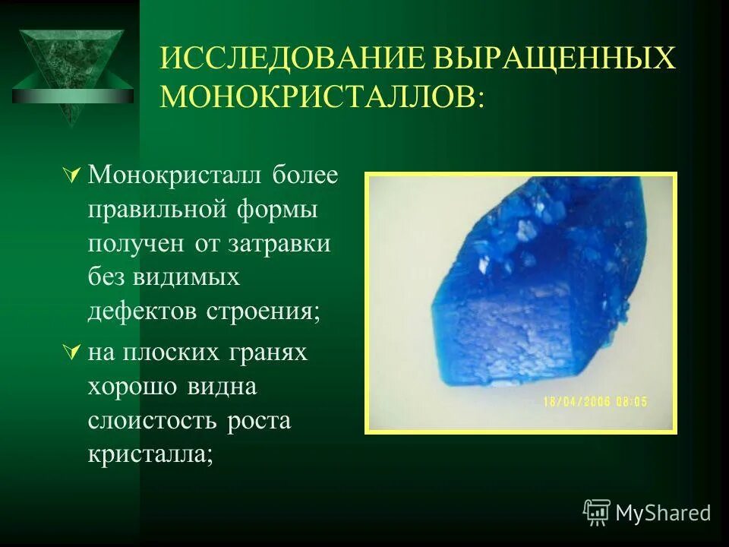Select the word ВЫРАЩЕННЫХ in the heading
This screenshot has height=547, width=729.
click(551, 58)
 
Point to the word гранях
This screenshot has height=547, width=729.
click(265, 353)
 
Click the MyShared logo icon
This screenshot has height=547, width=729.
click(597, 513)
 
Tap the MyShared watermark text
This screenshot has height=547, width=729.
click(662, 514)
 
